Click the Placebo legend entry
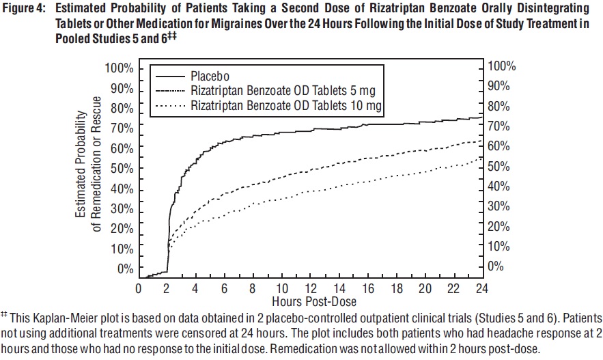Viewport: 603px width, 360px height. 209,75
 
